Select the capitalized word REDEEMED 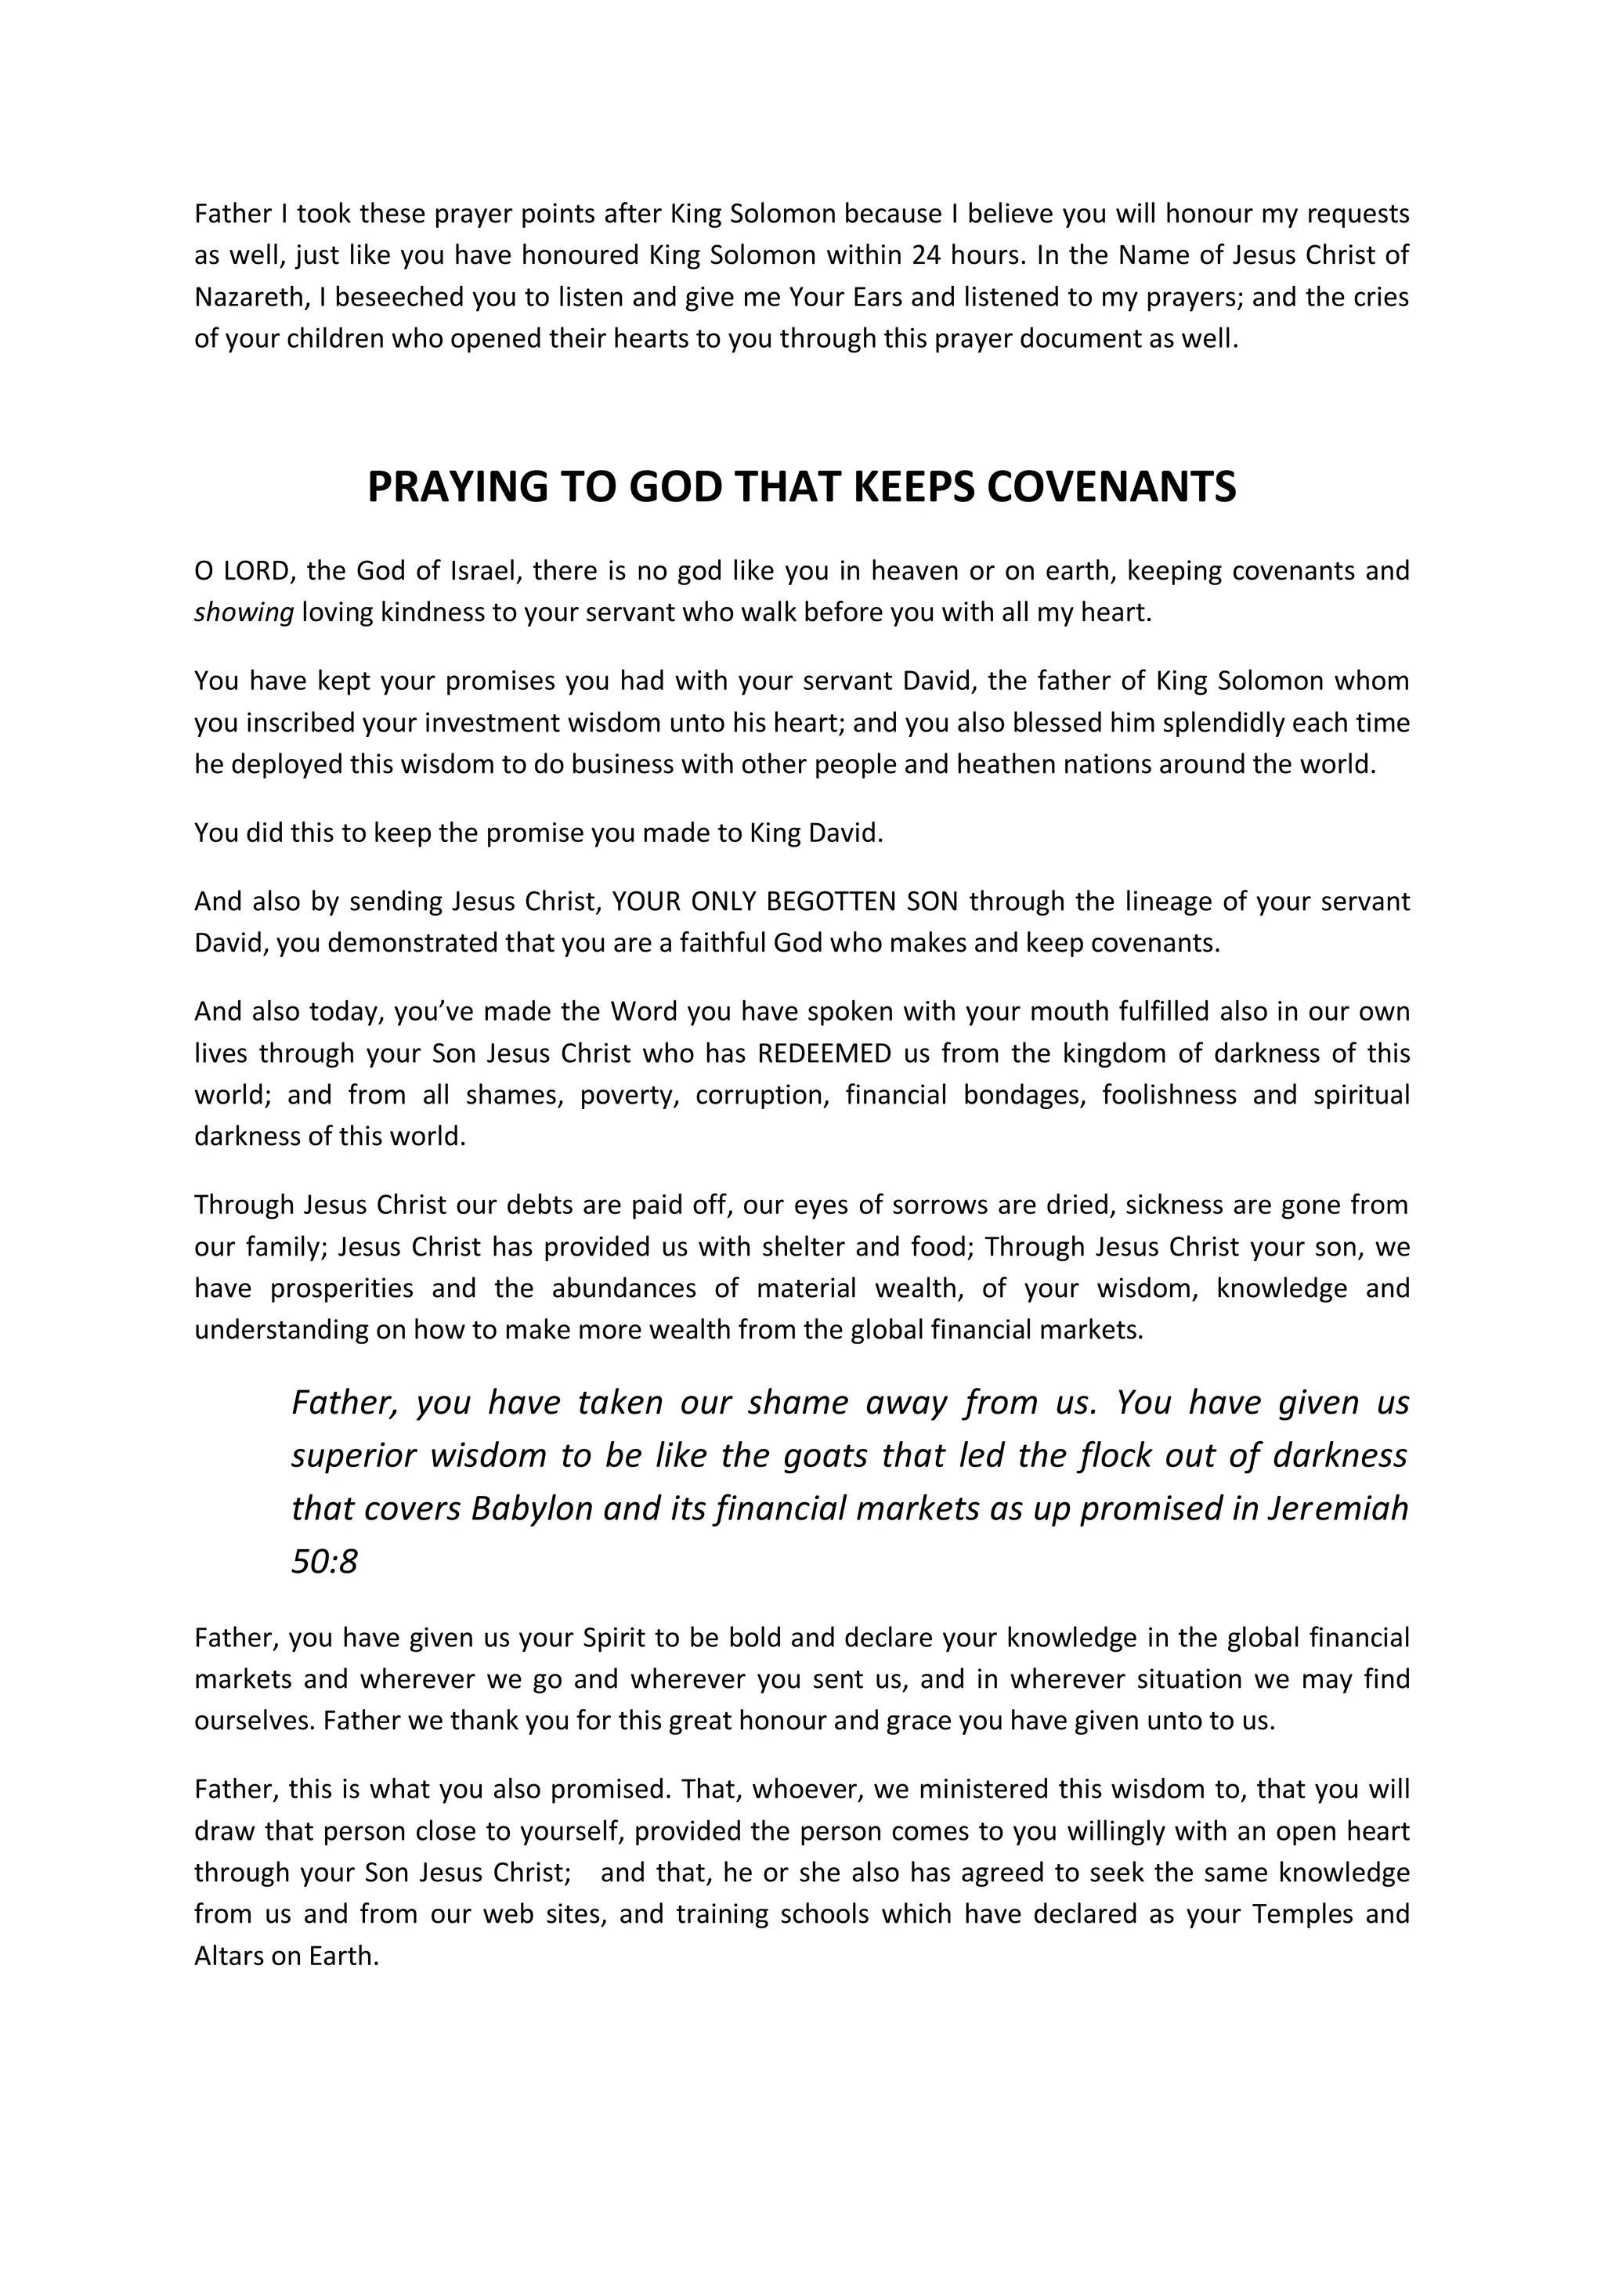[824, 1053]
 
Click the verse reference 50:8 [324, 1562]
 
